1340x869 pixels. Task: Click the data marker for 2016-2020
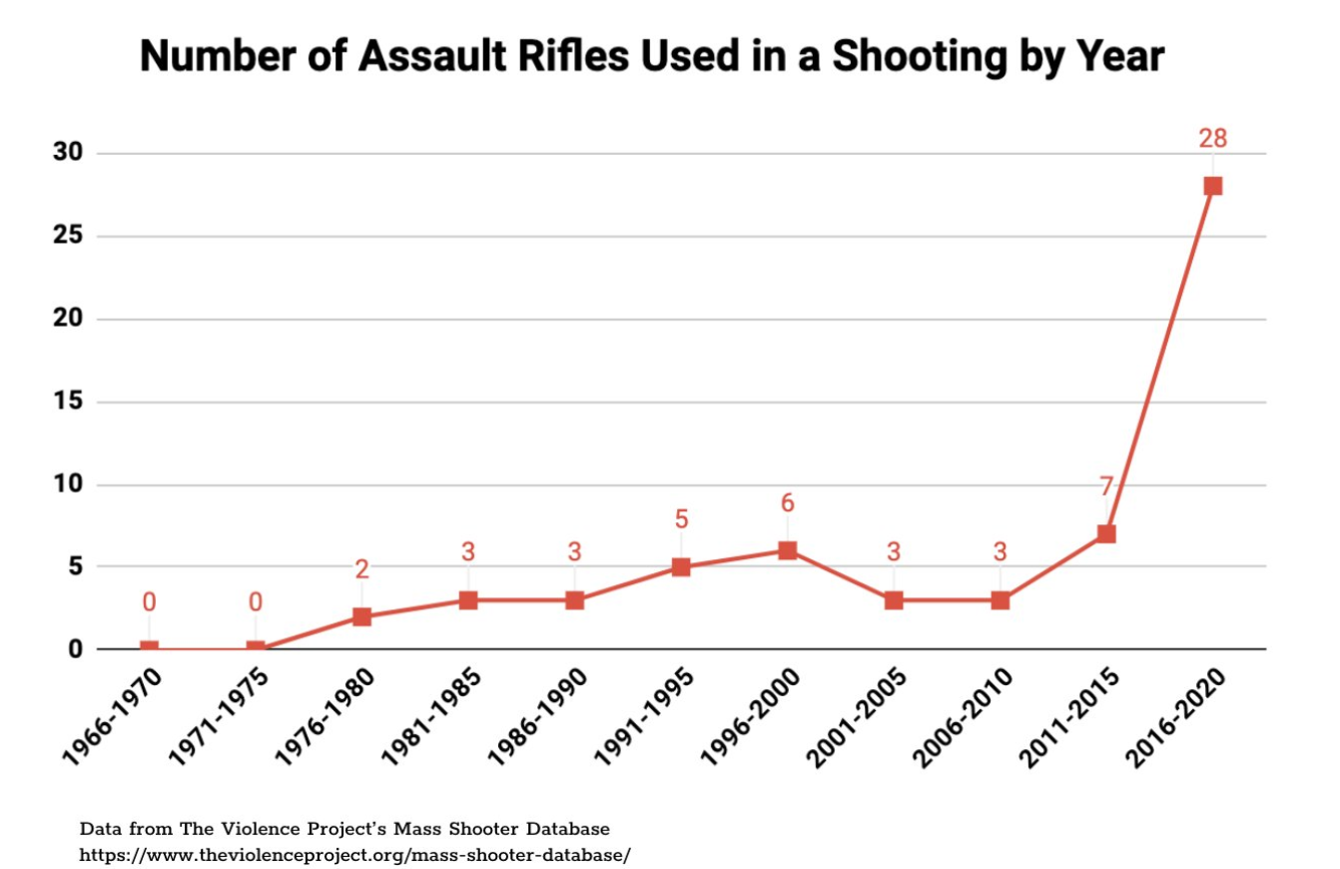click(1212, 186)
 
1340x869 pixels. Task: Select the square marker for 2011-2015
click(1105, 533)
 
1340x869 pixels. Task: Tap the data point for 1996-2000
click(787, 550)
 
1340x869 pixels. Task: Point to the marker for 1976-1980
click(361, 616)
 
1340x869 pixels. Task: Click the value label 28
click(1212, 138)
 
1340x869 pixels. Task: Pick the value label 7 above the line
click(1105, 486)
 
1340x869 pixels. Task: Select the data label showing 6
click(787, 503)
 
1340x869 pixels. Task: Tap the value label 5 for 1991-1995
click(681, 519)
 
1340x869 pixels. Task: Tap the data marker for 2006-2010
click(1000, 600)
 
